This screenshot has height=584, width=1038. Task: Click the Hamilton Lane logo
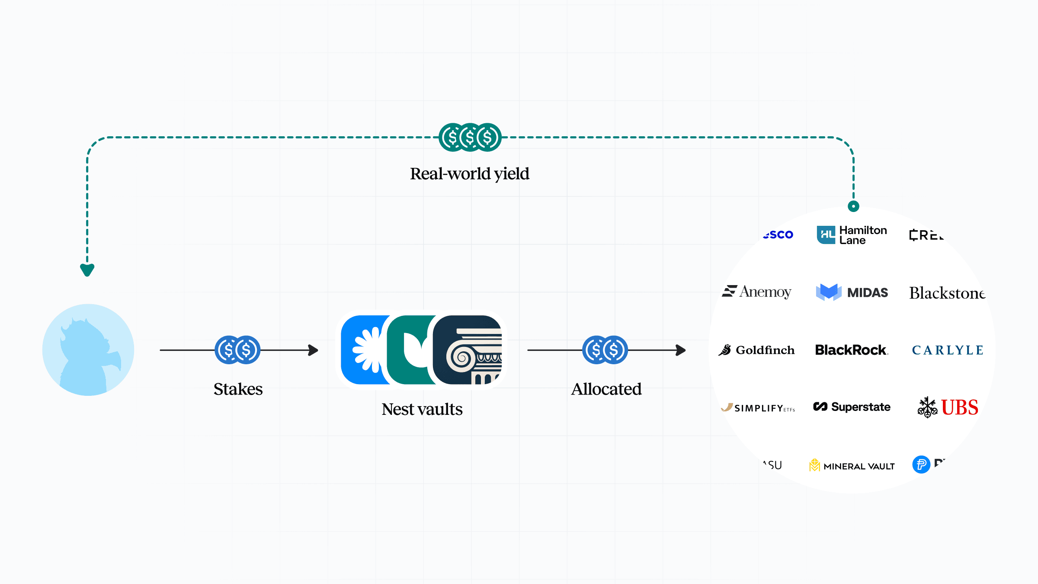[852, 235]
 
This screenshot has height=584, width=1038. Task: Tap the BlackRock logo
[851, 350]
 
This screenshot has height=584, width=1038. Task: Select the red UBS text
[959, 408]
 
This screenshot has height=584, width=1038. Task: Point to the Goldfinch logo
[757, 350]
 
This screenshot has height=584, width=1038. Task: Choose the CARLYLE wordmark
[948, 350]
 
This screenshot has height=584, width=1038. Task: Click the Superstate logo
[852, 407]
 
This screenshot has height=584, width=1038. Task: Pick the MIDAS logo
[852, 292]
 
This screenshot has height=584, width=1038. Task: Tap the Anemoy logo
[757, 292]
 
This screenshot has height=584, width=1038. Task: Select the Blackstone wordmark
[947, 293]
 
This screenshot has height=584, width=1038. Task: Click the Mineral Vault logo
[852, 465]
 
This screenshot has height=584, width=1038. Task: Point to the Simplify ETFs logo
[758, 408]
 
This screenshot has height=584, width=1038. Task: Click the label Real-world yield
[470, 174]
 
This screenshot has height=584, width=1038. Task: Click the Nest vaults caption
[422, 409]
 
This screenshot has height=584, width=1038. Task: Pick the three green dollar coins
[470, 138]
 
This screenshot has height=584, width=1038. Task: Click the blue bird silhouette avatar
[88, 350]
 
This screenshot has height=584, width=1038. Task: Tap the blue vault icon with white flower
[363, 350]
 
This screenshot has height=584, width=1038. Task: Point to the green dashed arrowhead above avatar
[87, 270]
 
